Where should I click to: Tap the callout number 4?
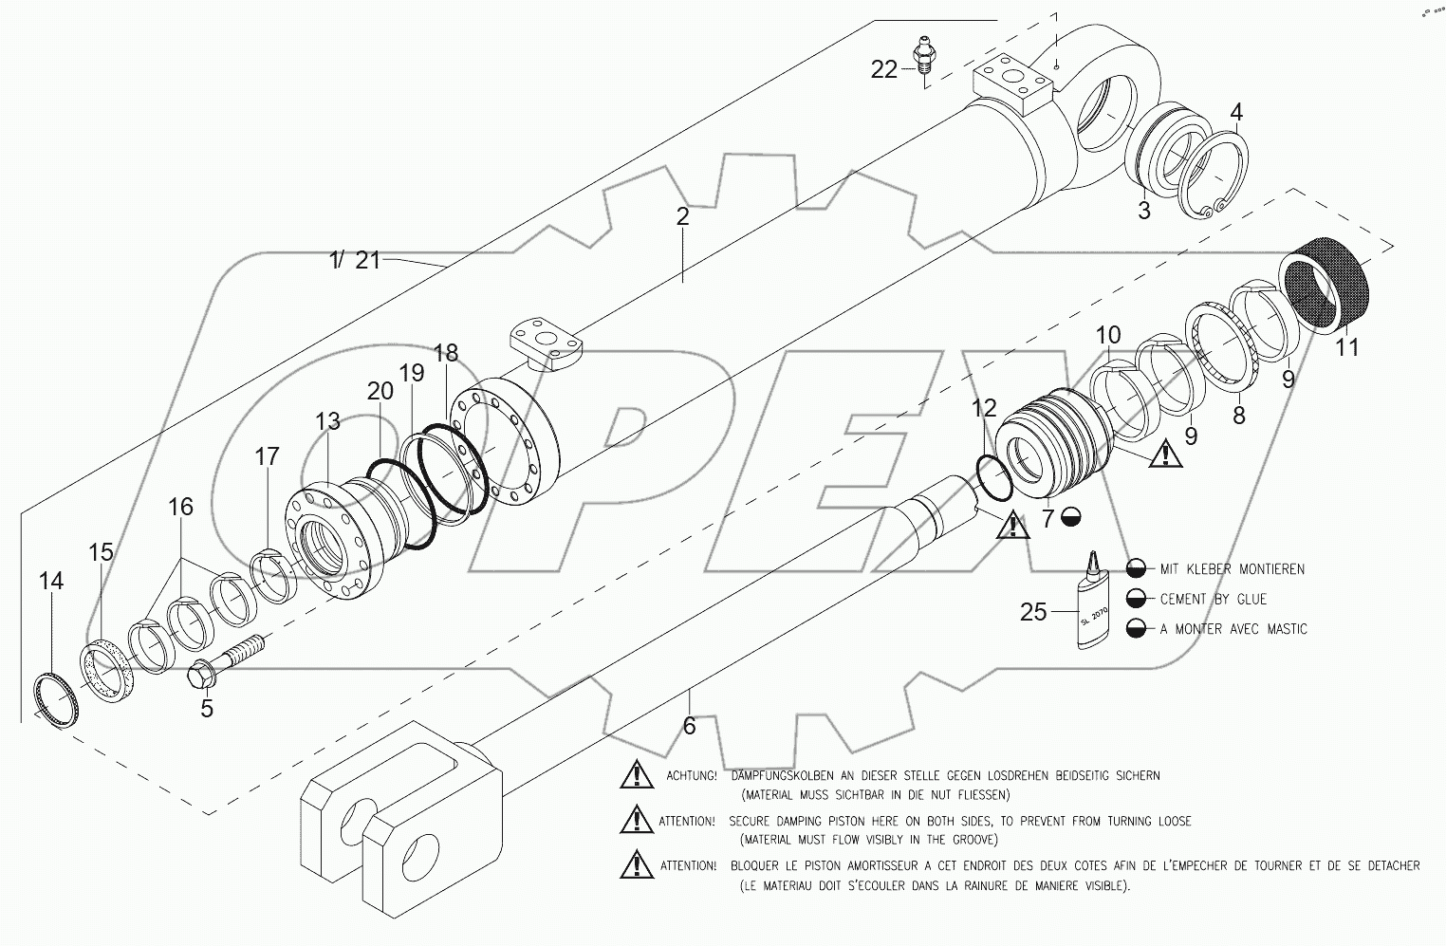coord(1235,112)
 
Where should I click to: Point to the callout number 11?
coord(1346,347)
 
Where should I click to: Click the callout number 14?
coord(51,581)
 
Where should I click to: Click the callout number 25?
coord(1033,611)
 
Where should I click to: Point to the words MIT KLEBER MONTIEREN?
coord(1232,569)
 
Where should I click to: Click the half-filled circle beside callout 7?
coord(1071,516)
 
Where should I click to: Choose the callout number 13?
coord(327,421)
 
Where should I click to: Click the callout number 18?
coord(445,353)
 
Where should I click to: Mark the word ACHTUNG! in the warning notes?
coord(692,775)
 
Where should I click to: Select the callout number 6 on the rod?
coord(690,725)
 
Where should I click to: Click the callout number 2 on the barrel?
coord(682,216)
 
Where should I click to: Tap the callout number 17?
coord(267,455)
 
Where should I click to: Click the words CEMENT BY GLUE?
coord(1214,599)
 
